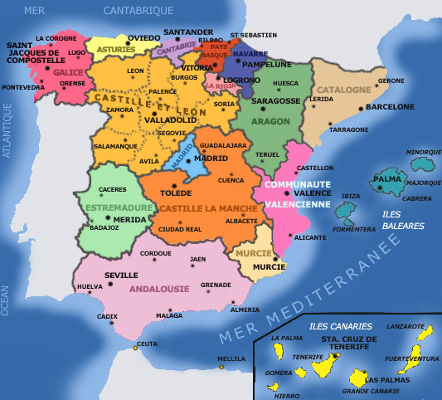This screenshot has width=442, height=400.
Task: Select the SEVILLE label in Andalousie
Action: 121,275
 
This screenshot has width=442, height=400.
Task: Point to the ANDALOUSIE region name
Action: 159,289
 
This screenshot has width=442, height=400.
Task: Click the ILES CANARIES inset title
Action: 340,326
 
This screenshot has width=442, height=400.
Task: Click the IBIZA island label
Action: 351,196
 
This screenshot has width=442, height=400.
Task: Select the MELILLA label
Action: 231,359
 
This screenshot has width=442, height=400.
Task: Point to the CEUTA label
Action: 147,344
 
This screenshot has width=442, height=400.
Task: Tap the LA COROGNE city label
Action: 56,38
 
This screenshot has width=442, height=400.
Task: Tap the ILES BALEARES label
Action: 403,220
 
